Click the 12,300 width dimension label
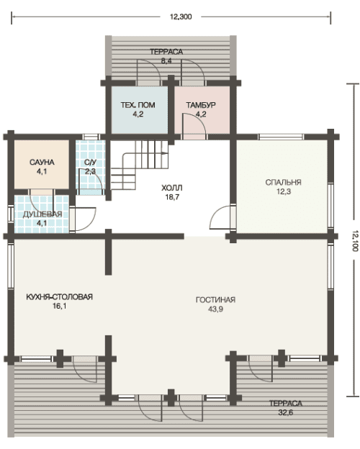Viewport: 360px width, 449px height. [181, 17]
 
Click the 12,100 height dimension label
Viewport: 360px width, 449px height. [355, 240]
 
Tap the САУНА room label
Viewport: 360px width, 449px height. [42, 163]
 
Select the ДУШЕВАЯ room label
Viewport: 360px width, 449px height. [42, 214]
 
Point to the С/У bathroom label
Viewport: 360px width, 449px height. [90, 163]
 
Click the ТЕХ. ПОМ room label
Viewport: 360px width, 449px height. [138, 105]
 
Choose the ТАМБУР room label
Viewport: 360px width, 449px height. [201, 105]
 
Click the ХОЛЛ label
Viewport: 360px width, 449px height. [172, 188]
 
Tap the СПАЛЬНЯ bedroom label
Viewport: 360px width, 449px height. [283, 183]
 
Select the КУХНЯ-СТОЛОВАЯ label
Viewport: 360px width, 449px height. [59, 296]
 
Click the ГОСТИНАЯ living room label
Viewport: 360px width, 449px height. [215, 300]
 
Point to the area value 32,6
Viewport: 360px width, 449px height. [285, 412]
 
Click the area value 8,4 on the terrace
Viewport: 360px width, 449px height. [166, 61]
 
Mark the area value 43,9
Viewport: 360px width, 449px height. [215, 309]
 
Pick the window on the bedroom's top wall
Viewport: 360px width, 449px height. [282, 137]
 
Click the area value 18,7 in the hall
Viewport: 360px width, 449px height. [172, 197]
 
